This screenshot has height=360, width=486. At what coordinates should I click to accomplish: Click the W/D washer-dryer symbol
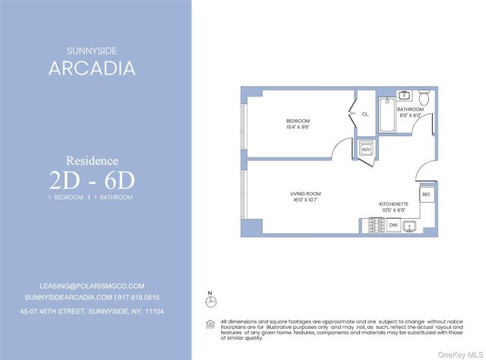pos(366,149)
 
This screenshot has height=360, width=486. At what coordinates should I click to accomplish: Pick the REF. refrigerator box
pos(426,195)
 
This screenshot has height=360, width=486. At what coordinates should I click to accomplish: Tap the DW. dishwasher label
pos(393,226)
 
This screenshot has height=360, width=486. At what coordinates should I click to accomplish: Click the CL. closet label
pos(365,114)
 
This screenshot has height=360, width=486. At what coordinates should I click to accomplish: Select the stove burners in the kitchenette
pos(375,226)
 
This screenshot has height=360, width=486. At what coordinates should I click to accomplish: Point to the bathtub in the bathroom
pos(386,115)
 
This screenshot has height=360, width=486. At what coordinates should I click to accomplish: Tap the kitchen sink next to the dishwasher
pos(411,226)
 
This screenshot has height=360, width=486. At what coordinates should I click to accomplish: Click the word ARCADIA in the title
pos(92,68)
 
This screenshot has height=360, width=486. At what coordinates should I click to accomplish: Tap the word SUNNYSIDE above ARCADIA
pos(92,51)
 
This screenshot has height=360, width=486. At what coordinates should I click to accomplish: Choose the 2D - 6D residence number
pos(92,179)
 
